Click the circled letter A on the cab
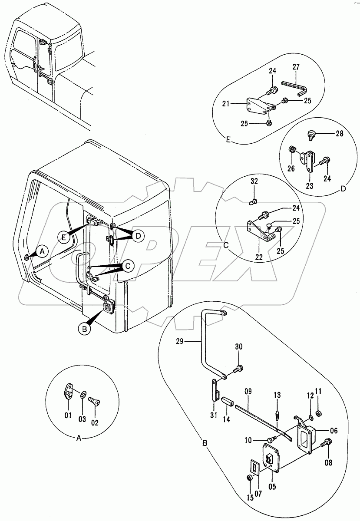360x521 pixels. (x=42, y=250)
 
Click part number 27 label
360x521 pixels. (x=296, y=67)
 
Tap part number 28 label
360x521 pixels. (x=339, y=134)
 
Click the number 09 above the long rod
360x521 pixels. (x=248, y=391)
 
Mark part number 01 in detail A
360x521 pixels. (x=68, y=415)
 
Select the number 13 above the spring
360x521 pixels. (x=277, y=395)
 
